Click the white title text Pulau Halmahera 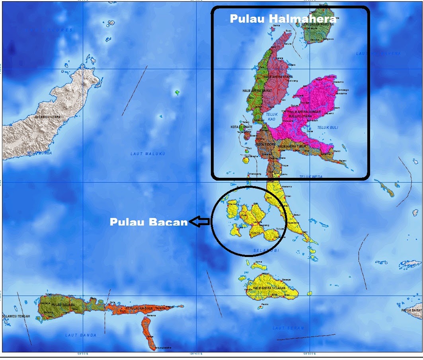[x=283, y=19]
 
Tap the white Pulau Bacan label [x=148, y=222]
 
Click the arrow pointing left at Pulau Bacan [x=199, y=222]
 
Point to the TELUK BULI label [x=327, y=128]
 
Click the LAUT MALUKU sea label [x=148, y=154]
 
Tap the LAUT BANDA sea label [x=81, y=335]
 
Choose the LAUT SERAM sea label [x=288, y=328]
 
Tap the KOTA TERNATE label [x=242, y=127]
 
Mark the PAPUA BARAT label [x=411, y=310]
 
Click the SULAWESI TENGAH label [x=16, y=316]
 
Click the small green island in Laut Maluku [x=177, y=93]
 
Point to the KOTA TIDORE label [x=265, y=144]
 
